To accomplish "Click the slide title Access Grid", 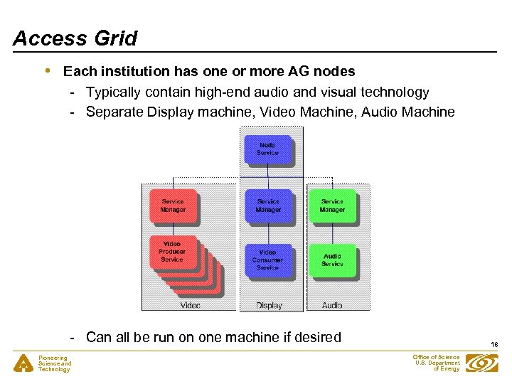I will [x=75, y=38].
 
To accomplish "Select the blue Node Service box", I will [x=267, y=149].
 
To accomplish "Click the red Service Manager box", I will [x=173, y=206].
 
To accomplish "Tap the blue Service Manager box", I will [x=268, y=206].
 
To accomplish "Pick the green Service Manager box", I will [x=332, y=206].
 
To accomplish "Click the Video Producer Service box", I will [x=172, y=252].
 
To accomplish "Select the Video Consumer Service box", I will [x=267, y=260].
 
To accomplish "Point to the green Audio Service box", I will [x=332, y=260].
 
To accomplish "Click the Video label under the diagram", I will [x=190, y=305].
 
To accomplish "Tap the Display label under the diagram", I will [x=270, y=305].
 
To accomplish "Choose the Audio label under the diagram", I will [x=332, y=305].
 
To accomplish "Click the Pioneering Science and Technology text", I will [x=55, y=363].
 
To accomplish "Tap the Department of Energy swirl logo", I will [x=482, y=363].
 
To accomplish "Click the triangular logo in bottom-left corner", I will [x=23, y=363].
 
